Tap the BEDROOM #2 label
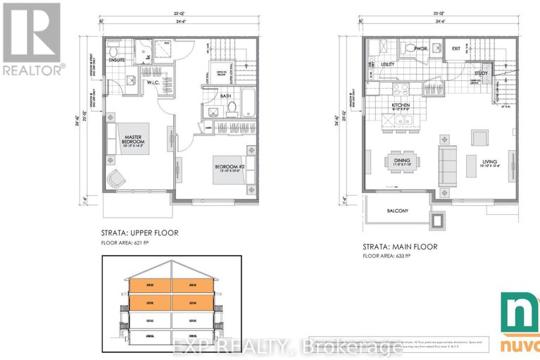(x=230, y=168)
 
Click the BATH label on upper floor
(x=226, y=97)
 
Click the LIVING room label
(x=490, y=163)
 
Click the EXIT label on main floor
(x=456, y=49)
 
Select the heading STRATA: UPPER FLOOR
(x=139, y=232)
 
